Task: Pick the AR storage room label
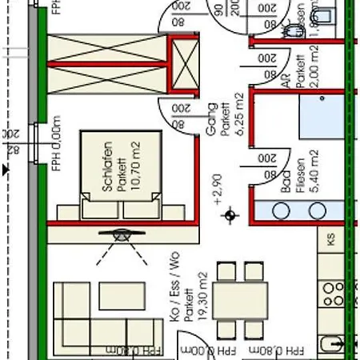(286, 81)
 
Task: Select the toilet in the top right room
(293, 30)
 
